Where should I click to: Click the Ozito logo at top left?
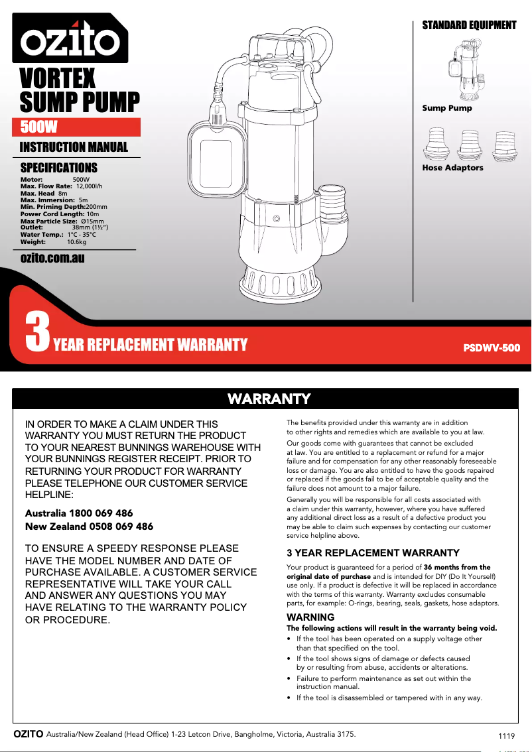point(70,38)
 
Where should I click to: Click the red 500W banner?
point(76,127)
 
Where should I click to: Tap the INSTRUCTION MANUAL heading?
point(74,147)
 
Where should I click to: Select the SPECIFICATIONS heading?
point(59,168)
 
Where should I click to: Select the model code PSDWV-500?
point(491,347)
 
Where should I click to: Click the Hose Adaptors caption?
point(453,168)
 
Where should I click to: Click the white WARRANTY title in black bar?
point(269,399)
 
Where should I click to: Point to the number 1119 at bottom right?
point(506,737)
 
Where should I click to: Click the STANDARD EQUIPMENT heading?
point(469,25)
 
